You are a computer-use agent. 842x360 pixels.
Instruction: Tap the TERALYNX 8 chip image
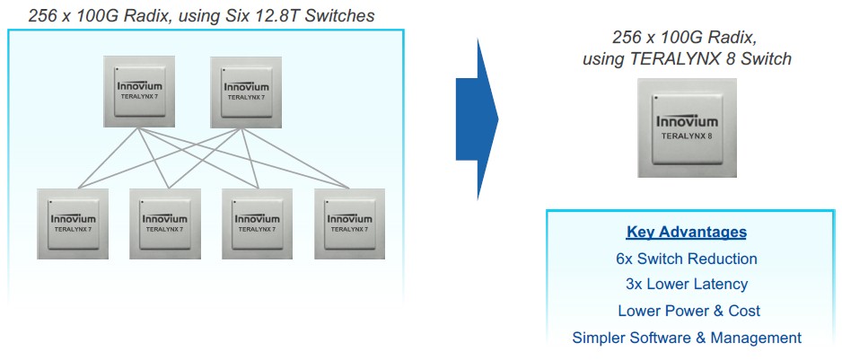pos(687,128)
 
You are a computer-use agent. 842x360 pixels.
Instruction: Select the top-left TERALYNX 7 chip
pos(138,91)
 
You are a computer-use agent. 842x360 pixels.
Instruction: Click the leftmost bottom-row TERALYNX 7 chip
pos(73,224)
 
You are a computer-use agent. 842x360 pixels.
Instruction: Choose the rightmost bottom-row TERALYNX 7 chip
pos(349,224)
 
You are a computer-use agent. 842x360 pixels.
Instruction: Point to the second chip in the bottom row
pos(165,224)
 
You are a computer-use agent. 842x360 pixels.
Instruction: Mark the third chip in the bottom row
pos(258,224)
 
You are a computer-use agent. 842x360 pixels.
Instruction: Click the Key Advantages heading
pos(687,233)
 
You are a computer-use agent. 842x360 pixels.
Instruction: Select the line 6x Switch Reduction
pos(687,259)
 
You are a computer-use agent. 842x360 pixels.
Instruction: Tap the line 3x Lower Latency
pos(687,285)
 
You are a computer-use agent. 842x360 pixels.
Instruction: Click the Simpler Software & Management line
pos(687,338)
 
